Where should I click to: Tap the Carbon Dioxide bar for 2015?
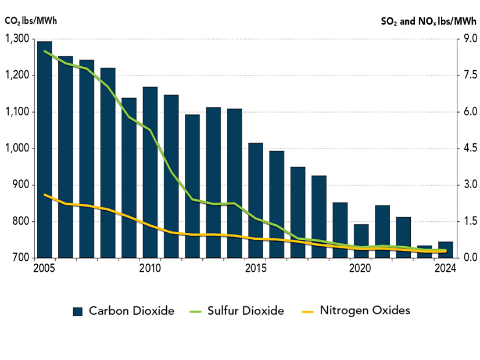(x=256, y=200)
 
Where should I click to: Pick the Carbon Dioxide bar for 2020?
(x=361, y=241)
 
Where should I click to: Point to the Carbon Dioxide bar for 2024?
(x=446, y=250)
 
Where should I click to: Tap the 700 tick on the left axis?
(x=22, y=258)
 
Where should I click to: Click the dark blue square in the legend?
(x=78, y=311)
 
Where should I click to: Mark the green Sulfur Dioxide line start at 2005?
(x=45, y=51)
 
